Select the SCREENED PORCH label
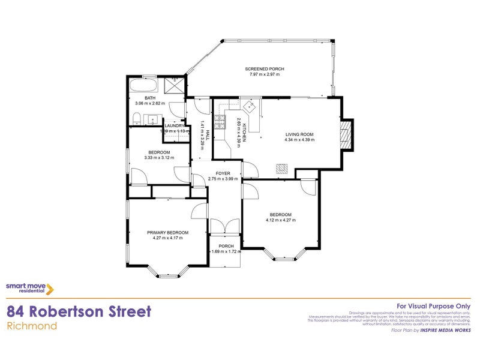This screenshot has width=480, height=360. (264, 69)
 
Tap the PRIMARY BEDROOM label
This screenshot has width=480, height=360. (168, 232)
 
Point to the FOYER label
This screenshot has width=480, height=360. (223, 173)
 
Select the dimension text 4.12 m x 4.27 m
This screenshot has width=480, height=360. (280, 220)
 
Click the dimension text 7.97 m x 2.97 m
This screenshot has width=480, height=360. (264, 74)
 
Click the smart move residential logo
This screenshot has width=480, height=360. (30, 289)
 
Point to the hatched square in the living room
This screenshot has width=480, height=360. (281, 169)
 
